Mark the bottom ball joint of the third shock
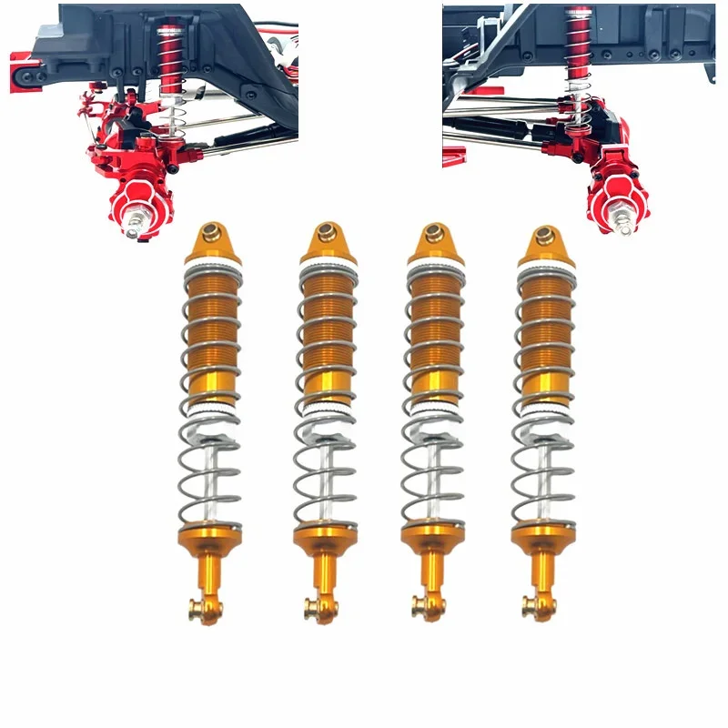pos(420,604)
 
